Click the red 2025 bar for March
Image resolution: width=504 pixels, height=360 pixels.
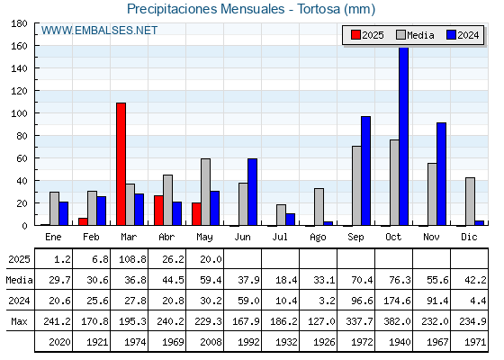click(x=121, y=164)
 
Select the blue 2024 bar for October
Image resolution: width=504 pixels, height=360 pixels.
click(x=404, y=136)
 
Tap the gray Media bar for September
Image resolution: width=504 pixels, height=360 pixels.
click(x=356, y=185)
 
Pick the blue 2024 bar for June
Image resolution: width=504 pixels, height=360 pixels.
click(x=252, y=192)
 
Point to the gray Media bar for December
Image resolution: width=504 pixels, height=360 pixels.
click(x=470, y=202)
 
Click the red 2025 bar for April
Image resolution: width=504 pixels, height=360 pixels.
click(x=158, y=211)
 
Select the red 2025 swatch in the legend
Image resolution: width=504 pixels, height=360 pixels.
click(x=355, y=35)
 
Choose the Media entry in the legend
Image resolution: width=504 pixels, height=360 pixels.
click(x=415, y=35)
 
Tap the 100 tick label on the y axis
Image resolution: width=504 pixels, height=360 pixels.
click(x=19, y=113)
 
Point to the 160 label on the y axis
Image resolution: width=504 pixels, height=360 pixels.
click(x=19, y=46)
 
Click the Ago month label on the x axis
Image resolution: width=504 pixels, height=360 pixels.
click(x=318, y=238)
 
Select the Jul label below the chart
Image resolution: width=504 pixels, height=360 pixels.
click(x=280, y=237)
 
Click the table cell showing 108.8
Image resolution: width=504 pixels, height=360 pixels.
click(x=132, y=259)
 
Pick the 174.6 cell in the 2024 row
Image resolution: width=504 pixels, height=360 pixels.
click(x=397, y=301)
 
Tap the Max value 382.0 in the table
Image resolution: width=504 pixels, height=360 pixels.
click(x=397, y=321)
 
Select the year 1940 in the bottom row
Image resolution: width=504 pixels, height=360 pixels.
click(x=400, y=342)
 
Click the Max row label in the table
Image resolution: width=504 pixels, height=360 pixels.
click(x=19, y=321)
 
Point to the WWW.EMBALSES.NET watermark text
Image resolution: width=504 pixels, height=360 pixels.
click(x=99, y=31)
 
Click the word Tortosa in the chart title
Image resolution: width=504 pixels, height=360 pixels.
click(x=319, y=9)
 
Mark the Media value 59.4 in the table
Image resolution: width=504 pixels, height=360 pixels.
click(x=211, y=280)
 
